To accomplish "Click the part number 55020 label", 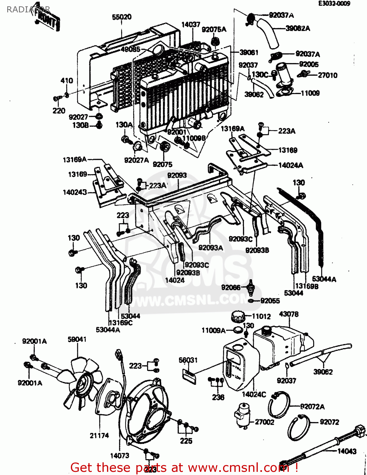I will (122, 17).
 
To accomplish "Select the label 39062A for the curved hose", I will (298, 28).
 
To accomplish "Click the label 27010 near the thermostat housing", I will (327, 75).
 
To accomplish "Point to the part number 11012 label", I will (261, 316).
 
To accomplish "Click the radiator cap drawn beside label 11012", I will (238, 316).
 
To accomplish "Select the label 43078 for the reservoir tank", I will (289, 314).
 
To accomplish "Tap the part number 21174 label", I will (99, 436).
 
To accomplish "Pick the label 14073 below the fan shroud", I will (120, 456).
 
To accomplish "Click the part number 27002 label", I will (264, 422).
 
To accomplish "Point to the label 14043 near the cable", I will (347, 451).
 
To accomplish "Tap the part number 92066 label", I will (231, 288).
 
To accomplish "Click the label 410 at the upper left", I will (67, 81).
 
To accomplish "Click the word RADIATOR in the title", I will (28, 9).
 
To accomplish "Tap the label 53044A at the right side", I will (324, 279).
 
